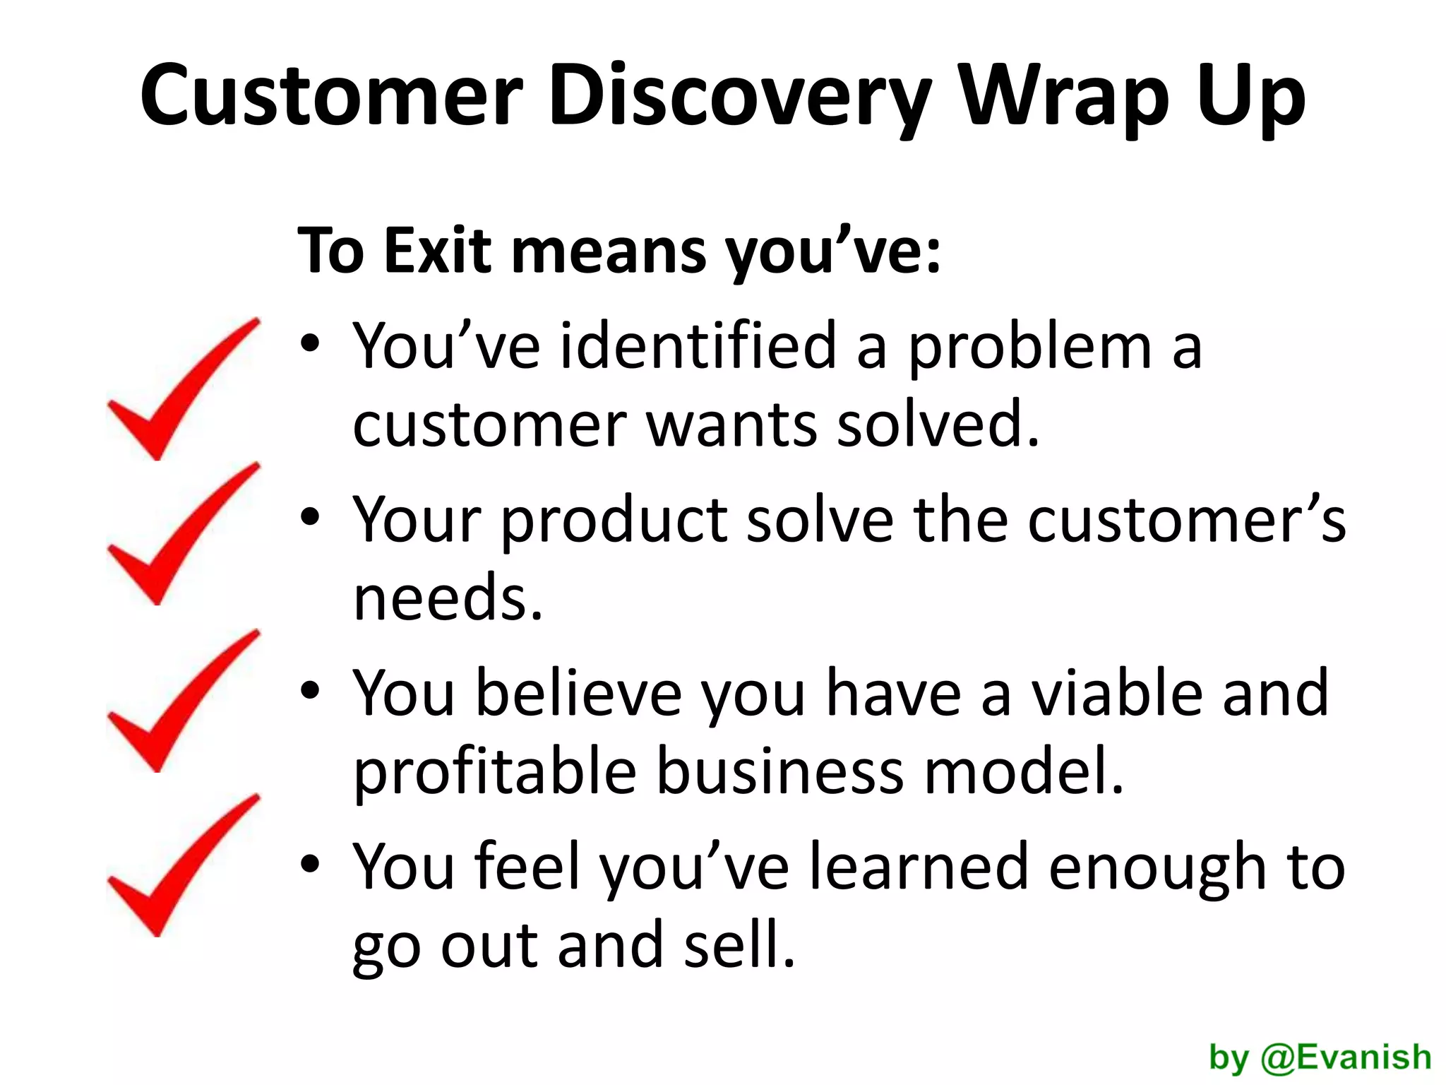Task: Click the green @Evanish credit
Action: (x=1345, y=1057)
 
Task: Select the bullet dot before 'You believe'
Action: (x=310, y=692)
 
